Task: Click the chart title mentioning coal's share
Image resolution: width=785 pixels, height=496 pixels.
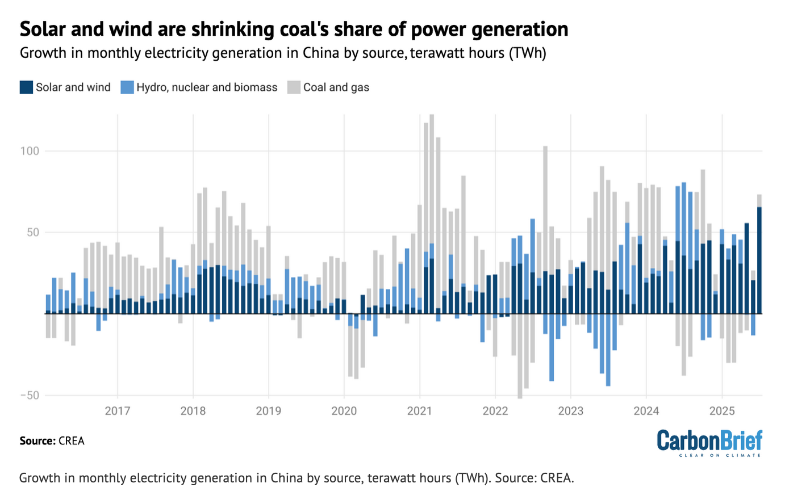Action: (294, 29)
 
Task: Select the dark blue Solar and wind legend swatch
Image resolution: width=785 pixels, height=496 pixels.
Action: (26, 87)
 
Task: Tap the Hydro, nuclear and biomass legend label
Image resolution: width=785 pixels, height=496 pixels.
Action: (207, 87)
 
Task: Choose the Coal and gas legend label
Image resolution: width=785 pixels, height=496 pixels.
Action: (336, 87)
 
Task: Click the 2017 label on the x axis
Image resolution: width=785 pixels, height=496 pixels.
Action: (118, 411)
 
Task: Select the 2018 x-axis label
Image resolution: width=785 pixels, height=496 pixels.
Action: (193, 411)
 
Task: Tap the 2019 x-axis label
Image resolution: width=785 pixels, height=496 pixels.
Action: (269, 411)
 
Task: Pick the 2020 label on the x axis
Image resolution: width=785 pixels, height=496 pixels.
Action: (344, 411)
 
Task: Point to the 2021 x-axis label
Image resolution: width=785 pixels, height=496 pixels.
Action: (420, 411)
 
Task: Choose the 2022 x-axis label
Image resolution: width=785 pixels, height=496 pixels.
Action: (495, 411)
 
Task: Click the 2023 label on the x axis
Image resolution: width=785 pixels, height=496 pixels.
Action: (571, 411)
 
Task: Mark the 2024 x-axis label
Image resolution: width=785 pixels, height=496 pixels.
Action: (646, 411)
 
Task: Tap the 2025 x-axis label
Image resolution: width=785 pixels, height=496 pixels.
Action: (722, 411)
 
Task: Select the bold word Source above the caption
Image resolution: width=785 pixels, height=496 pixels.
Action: (37, 441)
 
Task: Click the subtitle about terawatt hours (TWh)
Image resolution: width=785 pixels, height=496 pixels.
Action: (283, 53)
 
